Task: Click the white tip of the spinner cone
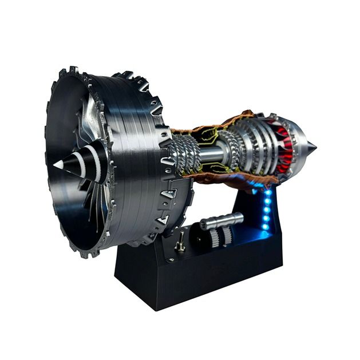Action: tap(58, 164)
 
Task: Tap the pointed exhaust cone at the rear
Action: tap(311, 148)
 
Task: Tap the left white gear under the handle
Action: tap(215, 238)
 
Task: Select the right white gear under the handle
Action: tap(226, 236)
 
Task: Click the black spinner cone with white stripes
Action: tap(80, 162)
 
